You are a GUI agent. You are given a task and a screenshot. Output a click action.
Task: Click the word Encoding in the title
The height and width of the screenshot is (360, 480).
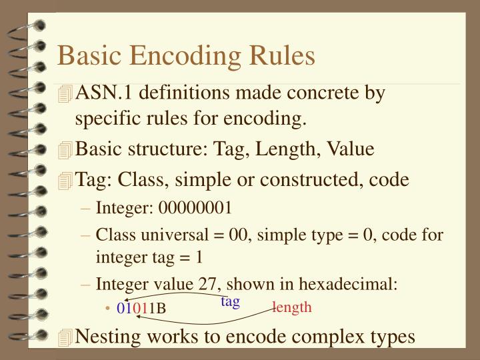coord(185,56)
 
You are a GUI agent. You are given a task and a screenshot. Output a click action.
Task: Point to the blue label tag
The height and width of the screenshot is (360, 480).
coord(230,301)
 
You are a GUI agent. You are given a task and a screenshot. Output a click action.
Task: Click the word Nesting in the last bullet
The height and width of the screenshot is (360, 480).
coord(106,336)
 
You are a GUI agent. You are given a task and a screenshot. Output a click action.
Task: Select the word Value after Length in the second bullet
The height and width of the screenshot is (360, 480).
coord(351,150)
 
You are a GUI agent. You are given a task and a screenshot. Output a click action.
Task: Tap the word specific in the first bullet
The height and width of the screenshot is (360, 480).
coord(107,121)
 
